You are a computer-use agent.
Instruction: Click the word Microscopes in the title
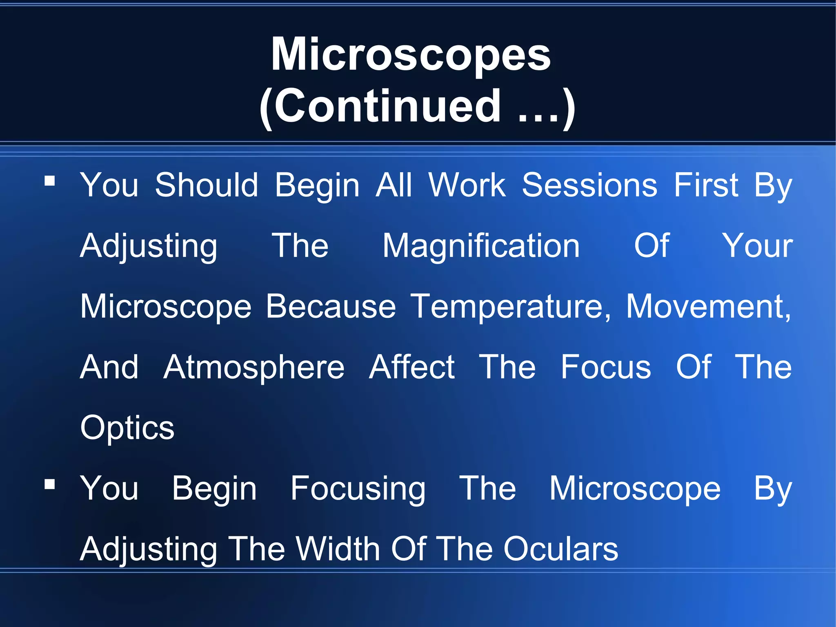tap(411, 55)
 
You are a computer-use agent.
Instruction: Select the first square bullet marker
tap(50, 181)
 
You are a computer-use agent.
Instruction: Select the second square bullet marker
tap(50, 484)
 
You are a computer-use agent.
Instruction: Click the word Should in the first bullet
tap(207, 185)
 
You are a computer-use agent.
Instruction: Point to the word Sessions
tap(589, 185)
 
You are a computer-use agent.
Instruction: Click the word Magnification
tap(481, 246)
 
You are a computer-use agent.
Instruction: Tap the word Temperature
tap(510, 306)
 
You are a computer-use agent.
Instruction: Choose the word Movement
tap(708, 306)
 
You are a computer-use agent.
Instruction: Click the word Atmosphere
tap(254, 367)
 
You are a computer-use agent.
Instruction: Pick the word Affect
tap(411, 367)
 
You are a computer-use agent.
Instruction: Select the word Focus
tap(605, 367)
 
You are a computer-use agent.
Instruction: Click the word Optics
tap(127, 428)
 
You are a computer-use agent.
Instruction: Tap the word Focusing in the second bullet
tap(358, 489)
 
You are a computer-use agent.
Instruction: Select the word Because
tap(331, 306)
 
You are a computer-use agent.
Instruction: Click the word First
tap(706, 185)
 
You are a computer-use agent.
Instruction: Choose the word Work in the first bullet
tap(467, 185)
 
